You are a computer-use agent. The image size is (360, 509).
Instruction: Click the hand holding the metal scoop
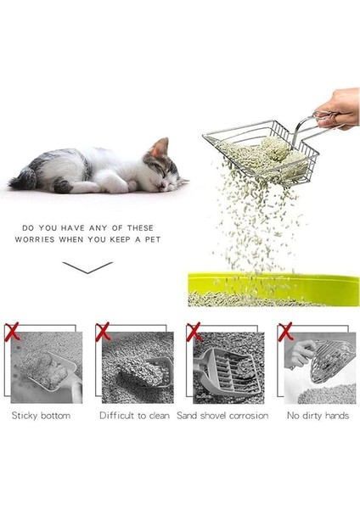click(340, 109)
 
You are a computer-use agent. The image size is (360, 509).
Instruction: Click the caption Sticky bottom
click(41, 416)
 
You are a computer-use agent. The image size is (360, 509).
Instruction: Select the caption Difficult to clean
click(134, 416)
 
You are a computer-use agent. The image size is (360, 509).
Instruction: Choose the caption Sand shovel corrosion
click(222, 416)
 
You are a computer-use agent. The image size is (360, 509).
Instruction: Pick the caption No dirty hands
click(316, 416)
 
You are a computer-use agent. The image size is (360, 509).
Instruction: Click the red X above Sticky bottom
click(12, 330)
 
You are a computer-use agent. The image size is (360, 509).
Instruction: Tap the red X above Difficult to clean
click(104, 330)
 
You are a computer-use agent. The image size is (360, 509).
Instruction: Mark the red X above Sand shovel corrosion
click(194, 330)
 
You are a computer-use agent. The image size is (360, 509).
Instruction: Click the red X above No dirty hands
click(284, 330)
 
